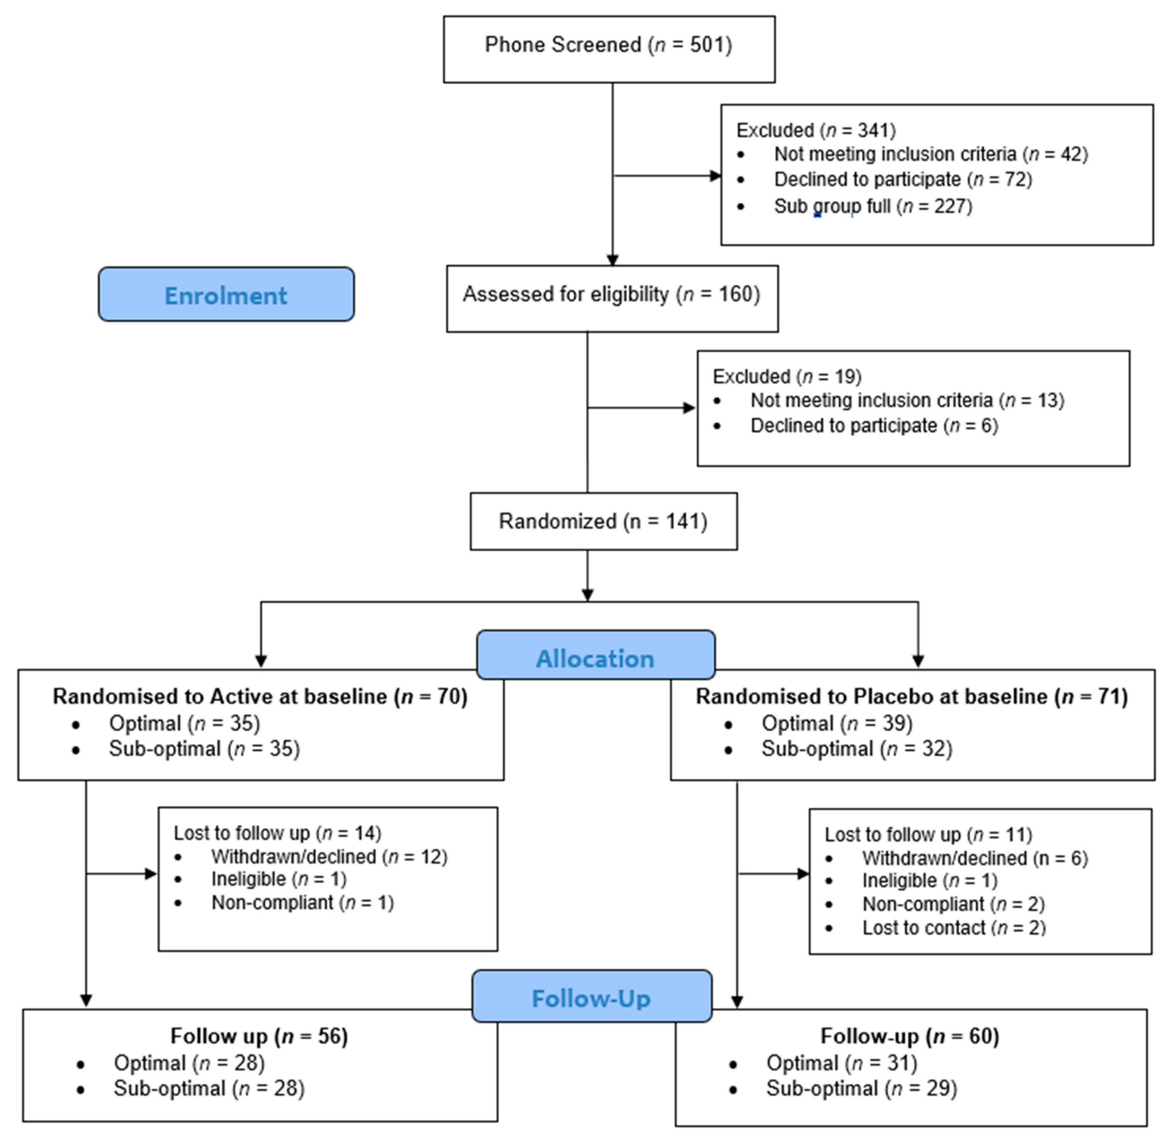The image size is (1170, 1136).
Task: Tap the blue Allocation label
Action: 595,659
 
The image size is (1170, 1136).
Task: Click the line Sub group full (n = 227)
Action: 873,207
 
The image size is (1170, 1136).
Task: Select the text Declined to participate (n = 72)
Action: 903,180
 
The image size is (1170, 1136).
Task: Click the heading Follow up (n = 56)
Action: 259,1036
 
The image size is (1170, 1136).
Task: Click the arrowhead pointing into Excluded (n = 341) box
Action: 715,176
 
